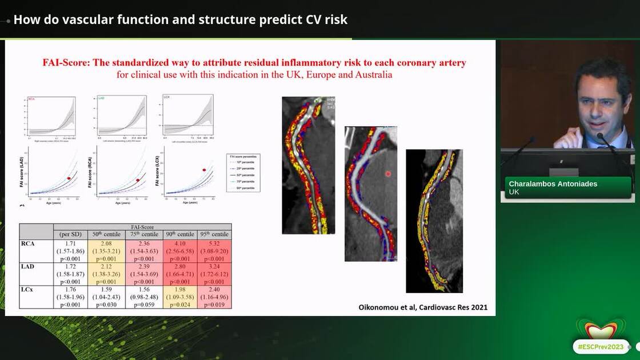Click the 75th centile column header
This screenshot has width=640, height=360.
point(143,234)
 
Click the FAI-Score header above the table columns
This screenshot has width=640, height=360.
point(142,227)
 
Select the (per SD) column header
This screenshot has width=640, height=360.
point(70,234)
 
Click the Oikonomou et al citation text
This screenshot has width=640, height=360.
point(422,307)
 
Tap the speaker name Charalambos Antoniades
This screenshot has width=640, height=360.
point(550,184)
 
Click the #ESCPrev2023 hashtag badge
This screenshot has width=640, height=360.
point(600,346)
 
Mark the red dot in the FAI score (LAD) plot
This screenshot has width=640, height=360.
point(69,178)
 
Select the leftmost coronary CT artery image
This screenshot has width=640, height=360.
point(307,165)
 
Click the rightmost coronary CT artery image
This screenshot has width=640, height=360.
point(434,221)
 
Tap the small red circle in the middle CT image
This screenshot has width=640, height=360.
point(388,173)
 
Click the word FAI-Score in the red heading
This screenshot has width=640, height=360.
point(65,63)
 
